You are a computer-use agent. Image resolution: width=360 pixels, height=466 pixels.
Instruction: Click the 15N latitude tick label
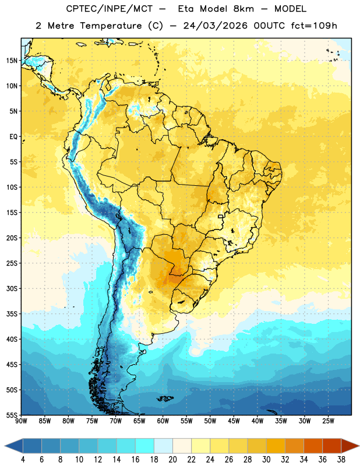[12, 61]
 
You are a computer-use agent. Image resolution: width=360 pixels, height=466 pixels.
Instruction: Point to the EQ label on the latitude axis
[13, 137]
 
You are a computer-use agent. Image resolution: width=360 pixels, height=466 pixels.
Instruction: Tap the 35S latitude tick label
[12, 314]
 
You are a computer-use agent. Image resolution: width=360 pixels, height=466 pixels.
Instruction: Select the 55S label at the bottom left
[12, 415]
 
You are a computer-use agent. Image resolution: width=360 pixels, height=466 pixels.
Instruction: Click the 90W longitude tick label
[22, 421]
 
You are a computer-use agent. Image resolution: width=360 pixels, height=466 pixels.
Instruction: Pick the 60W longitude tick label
[163, 421]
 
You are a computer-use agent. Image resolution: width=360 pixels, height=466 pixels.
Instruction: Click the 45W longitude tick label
[234, 421]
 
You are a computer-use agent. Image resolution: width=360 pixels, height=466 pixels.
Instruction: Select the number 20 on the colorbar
[172, 460]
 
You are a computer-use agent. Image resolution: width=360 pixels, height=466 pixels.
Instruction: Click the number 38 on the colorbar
[341, 460]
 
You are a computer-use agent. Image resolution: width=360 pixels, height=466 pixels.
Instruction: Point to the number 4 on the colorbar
[23, 460]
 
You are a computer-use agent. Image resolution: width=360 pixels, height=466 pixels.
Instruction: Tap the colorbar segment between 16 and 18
[145, 446]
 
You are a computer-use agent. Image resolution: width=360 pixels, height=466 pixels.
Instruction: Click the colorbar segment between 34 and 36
[313, 446]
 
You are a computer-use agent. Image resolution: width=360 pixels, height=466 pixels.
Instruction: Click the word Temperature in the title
[111, 26]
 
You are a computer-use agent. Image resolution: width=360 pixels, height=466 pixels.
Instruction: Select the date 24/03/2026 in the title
[216, 26]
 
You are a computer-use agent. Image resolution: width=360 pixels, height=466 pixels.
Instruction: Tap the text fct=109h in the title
[314, 26]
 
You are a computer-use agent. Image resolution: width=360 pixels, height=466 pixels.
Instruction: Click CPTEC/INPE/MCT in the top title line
[110, 9]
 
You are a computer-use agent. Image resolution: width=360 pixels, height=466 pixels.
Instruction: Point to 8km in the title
[243, 9]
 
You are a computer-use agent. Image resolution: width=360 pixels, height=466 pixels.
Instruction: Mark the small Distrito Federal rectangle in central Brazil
[221, 216]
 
